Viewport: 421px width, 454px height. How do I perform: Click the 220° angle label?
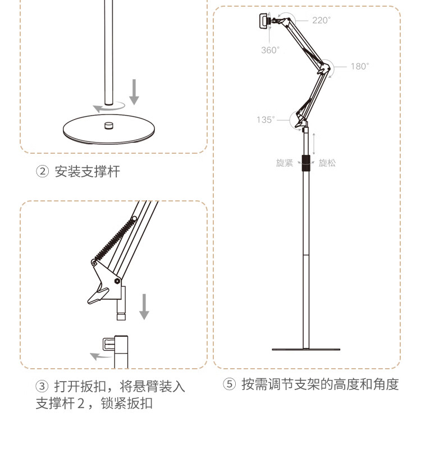pyautogui.click(x=321, y=20)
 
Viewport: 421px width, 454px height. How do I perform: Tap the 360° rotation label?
pyautogui.click(x=270, y=50)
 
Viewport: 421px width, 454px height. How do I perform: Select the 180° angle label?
pyautogui.click(x=360, y=66)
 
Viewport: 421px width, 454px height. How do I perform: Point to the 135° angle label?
pyautogui.click(x=266, y=120)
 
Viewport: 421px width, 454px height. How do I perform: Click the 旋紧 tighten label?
pyautogui.click(x=285, y=163)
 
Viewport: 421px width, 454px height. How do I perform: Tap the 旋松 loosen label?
pyautogui.click(x=327, y=163)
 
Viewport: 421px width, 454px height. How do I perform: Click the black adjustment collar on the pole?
pyautogui.click(x=306, y=163)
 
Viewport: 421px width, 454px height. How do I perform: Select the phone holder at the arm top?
pyautogui.click(x=264, y=21)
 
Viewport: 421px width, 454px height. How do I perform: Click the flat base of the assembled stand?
pyautogui.click(x=306, y=350)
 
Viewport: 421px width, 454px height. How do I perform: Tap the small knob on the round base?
pyautogui.click(x=109, y=125)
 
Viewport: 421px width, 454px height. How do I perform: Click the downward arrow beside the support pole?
pyautogui.click(x=134, y=92)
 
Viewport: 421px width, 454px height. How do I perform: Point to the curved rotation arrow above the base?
pyautogui.click(x=108, y=107)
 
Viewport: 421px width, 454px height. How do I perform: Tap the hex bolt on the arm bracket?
pyautogui.click(x=117, y=281)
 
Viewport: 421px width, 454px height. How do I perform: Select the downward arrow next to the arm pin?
pyautogui.click(x=144, y=306)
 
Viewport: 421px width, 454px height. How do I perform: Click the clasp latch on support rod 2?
pyautogui.click(x=108, y=344)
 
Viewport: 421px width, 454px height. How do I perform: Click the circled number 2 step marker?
pyautogui.click(x=42, y=171)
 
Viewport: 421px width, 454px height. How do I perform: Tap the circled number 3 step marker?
pyautogui.click(x=42, y=386)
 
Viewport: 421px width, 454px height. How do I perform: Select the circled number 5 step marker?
pyautogui.click(x=230, y=384)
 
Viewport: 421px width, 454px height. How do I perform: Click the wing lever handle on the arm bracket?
pyautogui.click(x=98, y=296)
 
